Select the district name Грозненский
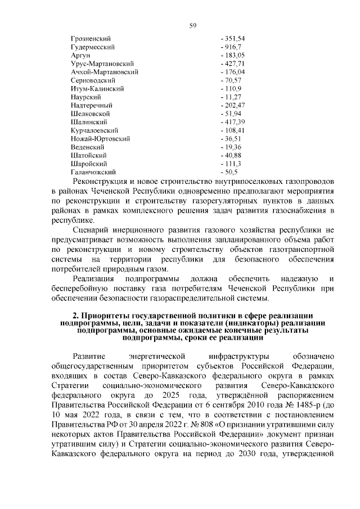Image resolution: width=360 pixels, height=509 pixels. [x=91, y=38]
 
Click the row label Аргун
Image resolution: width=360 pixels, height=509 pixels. [x=81, y=56]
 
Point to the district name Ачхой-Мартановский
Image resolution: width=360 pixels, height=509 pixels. [x=105, y=73]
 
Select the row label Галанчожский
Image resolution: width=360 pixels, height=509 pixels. [x=93, y=172]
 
